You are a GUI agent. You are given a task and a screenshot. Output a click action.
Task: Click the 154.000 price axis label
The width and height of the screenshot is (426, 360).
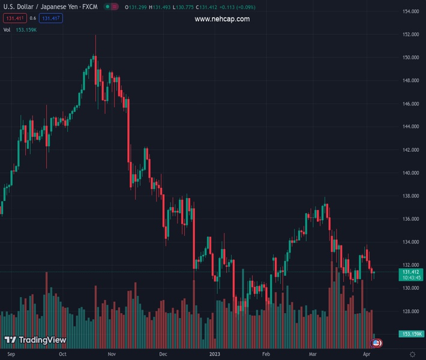[x=410, y=11]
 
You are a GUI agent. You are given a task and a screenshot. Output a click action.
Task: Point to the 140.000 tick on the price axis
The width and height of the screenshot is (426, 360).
[x=410, y=173]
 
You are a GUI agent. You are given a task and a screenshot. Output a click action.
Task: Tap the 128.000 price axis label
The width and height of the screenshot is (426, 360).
[x=410, y=311]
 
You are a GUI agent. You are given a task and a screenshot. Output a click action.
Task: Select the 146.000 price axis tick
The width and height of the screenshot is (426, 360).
[x=410, y=104]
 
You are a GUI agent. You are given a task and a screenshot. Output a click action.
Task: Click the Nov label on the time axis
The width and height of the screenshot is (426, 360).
[x=112, y=354]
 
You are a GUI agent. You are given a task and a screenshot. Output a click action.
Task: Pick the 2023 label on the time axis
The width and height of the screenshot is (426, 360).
[x=215, y=354]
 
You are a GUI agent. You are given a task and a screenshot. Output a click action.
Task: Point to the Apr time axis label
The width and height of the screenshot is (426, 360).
[x=366, y=354]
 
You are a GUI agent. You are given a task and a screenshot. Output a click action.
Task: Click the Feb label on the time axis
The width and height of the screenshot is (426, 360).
[x=266, y=354]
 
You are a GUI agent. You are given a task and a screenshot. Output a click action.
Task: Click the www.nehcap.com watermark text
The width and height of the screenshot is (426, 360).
[x=222, y=19]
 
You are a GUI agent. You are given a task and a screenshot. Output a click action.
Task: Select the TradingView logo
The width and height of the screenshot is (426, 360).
[x=35, y=340]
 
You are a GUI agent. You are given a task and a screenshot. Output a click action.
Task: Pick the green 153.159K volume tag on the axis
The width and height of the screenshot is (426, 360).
[x=411, y=334]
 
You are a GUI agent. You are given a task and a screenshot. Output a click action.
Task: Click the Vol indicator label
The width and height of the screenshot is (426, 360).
[x=7, y=29]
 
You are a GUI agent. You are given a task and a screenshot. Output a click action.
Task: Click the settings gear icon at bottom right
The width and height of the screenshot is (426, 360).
[x=412, y=354]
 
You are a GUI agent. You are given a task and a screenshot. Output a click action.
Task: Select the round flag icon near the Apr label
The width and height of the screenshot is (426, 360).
[x=376, y=343]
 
